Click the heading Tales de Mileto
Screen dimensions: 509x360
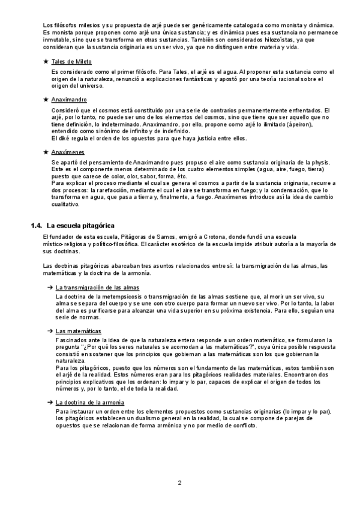pos(71,62)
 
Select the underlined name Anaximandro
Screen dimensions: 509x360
pos(69,100)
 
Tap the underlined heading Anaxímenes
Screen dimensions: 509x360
pos(68,152)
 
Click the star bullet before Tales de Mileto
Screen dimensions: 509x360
pos(46,62)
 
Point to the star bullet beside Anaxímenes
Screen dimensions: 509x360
pos(46,152)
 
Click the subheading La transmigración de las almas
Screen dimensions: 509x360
pos(97,288)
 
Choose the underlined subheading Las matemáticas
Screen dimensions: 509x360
pos(78,331)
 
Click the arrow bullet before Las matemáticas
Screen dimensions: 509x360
pos(50,331)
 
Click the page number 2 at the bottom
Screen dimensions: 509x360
pos(179,483)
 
